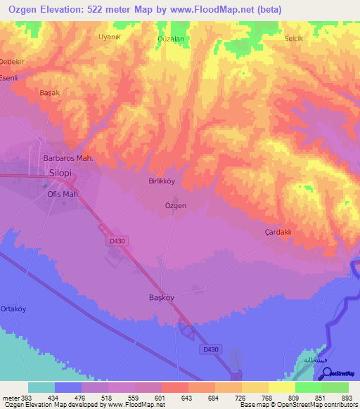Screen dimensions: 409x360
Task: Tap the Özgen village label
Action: (175, 205)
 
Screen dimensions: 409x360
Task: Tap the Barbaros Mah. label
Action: (68, 158)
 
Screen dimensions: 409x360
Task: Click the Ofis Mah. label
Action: (62, 193)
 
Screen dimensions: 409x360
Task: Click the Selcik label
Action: (293, 38)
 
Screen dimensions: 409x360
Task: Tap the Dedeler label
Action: (11, 61)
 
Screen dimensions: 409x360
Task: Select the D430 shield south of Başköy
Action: (210, 348)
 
